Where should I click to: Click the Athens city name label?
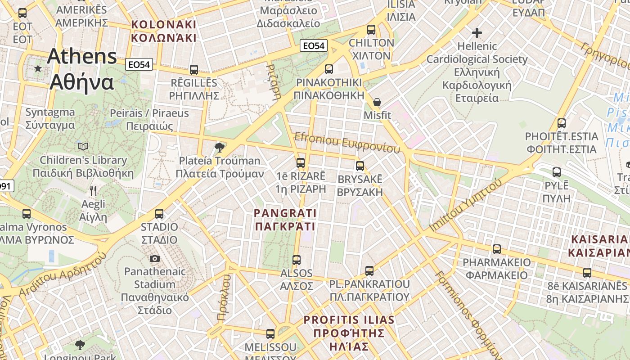(x=81, y=69)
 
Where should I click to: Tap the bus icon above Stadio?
(x=159, y=213)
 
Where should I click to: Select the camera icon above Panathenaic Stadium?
(x=154, y=258)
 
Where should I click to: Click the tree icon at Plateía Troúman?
(x=220, y=147)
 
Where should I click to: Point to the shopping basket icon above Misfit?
(x=377, y=103)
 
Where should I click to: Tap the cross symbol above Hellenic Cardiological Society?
(x=477, y=33)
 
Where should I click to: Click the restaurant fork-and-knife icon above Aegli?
(x=93, y=191)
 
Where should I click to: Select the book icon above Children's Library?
(x=83, y=146)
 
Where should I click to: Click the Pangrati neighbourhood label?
(x=285, y=219)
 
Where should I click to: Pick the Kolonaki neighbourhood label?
(x=164, y=31)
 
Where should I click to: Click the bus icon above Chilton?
(x=371, y=30)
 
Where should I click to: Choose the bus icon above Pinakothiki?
(x=329, y=69)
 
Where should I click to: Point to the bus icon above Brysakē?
(x=360, y=166)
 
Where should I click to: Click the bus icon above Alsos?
(x=297, y=260)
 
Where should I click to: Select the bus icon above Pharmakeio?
(x=497, y=249)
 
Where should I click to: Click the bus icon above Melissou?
(x=270, y=334)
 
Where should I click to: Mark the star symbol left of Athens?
(x=38, y=69)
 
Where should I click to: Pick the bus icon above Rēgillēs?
(x=194, y=70)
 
